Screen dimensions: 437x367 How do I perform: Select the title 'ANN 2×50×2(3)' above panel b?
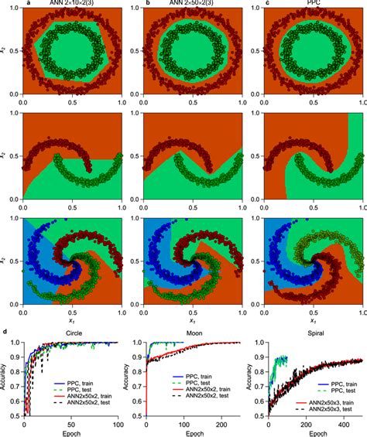pos(192,4)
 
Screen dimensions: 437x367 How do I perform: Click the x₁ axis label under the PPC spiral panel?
pos(314,319)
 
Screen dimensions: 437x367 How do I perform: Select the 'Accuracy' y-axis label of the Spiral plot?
pos(249,379)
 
